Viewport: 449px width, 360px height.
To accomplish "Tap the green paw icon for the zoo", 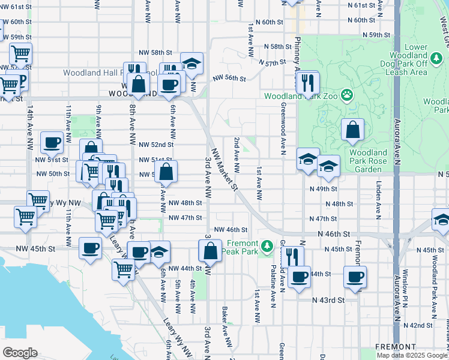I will (x=347, y=94).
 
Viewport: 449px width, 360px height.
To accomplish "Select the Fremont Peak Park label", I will (x=252, y=248).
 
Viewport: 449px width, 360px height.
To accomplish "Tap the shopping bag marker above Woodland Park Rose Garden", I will (x=353, y=130).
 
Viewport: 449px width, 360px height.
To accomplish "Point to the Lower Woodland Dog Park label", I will (x=408, y=59).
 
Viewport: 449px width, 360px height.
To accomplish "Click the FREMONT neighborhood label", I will (x=395, y=347).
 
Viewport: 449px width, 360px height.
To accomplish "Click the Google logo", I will (x=20, y=353).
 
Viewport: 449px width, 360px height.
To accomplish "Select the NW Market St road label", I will (x=223, y=170).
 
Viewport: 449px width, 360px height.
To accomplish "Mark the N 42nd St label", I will (x=418, y=325).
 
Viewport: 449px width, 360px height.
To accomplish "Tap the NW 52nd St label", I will (x=155, y=145).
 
